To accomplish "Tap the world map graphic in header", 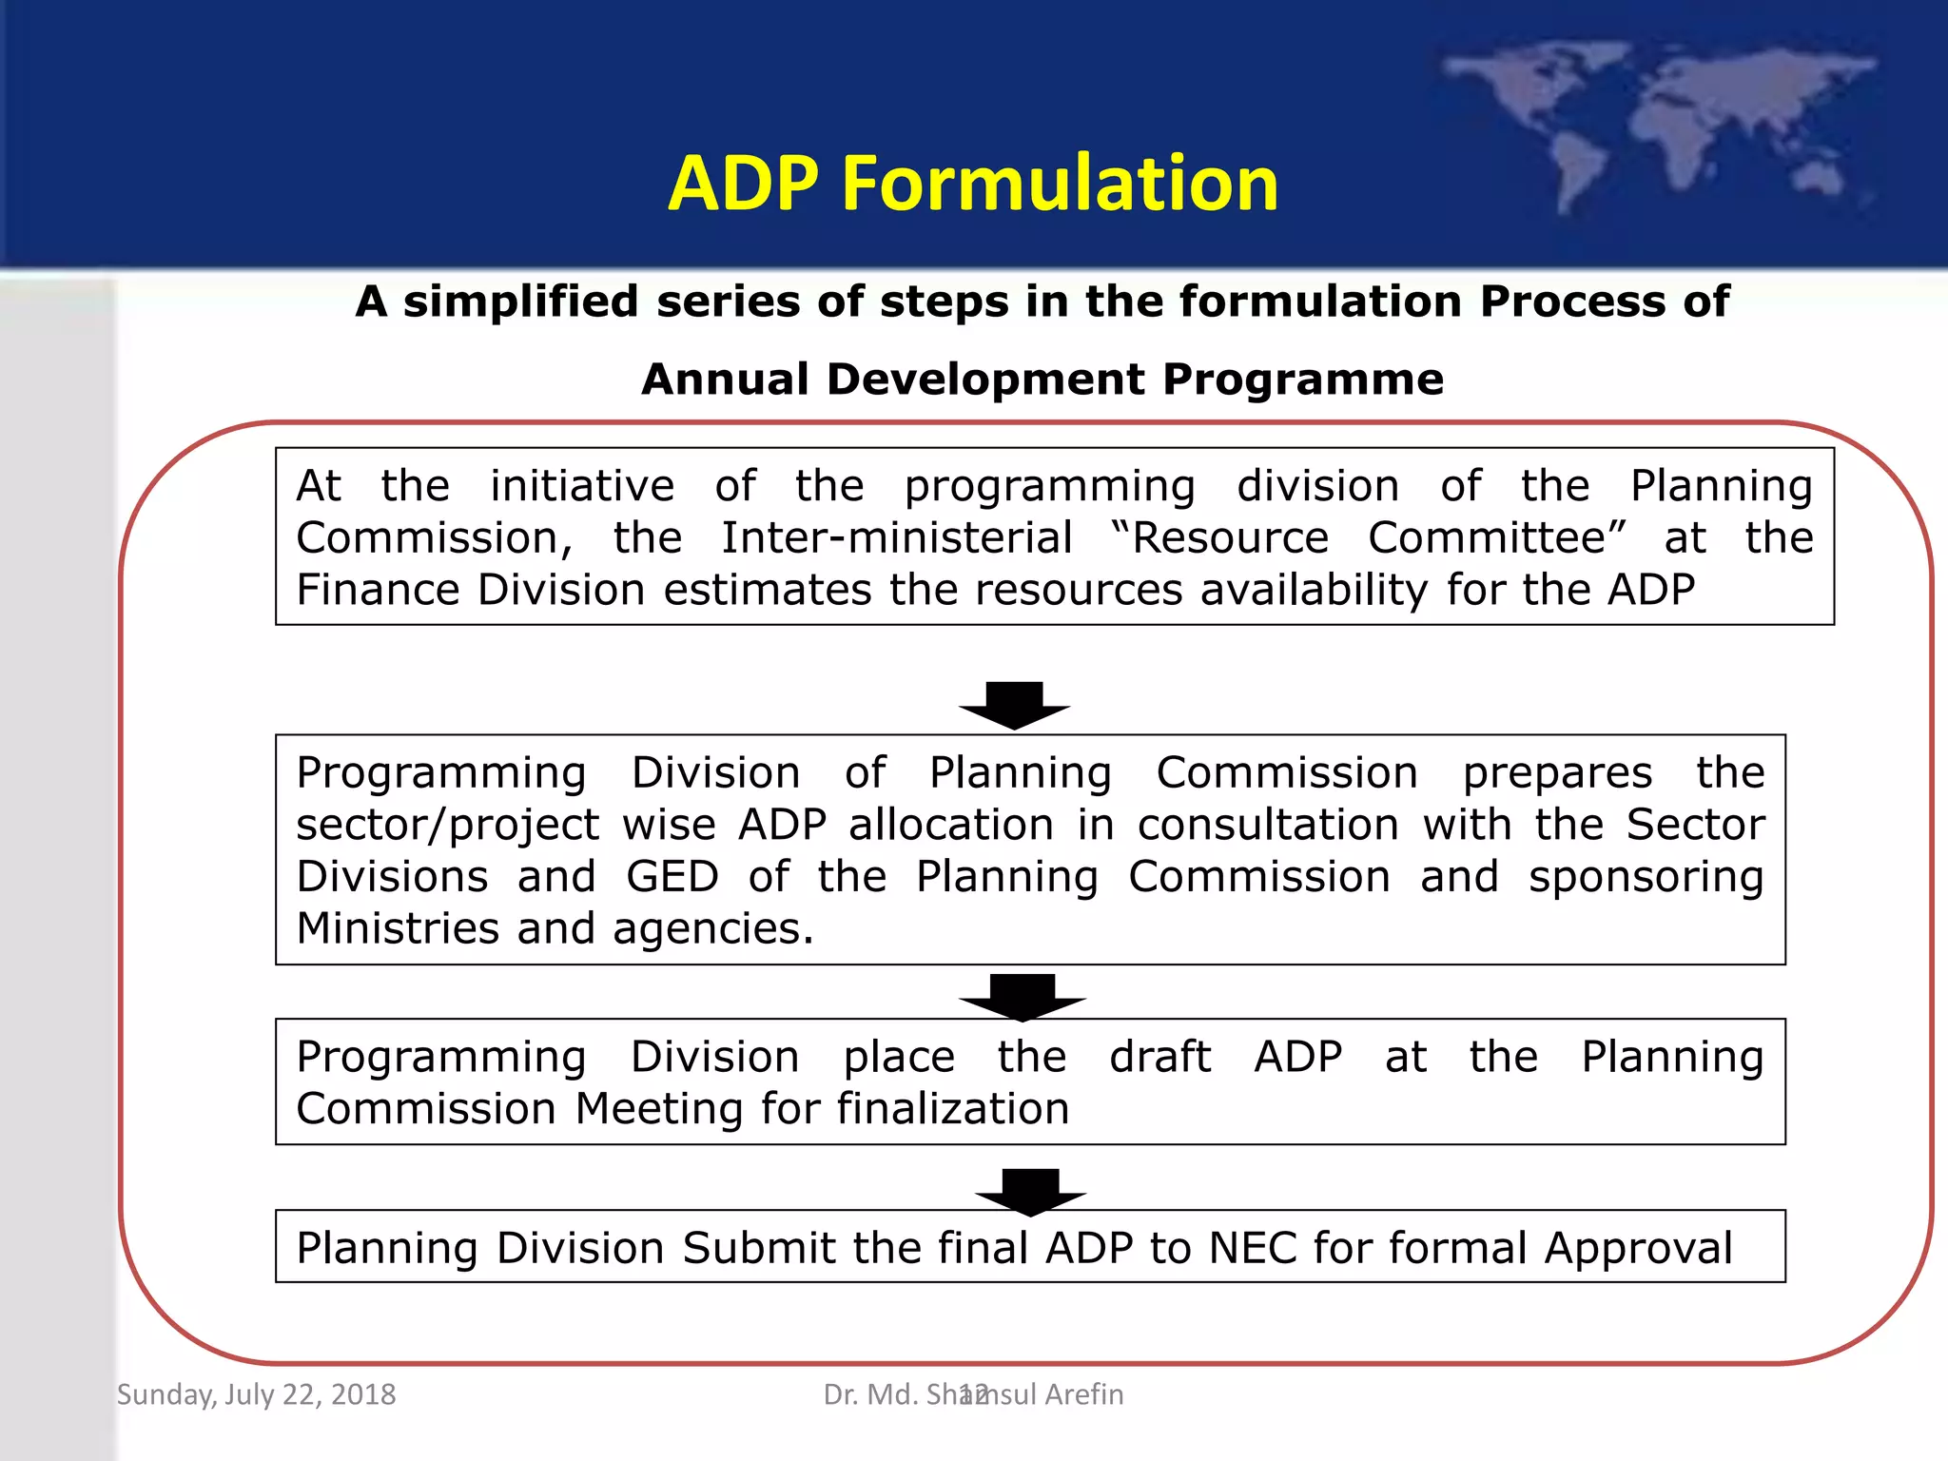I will [x=1655, y=124].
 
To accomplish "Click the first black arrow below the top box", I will [x=1014, y=705].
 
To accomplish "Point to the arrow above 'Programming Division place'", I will [x=1022, y=995].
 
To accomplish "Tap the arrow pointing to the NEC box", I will [x=1030, y=1190].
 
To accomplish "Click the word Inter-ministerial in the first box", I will [x=896, y=538].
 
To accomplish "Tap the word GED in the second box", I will [x=672, y=877].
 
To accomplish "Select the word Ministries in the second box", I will [x=397, y=928].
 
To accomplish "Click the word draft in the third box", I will [x=1159, y=1057].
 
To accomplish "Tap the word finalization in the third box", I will [x=953, y=1109].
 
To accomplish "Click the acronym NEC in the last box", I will [x=1252, y=1248].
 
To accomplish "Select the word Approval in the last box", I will [x=1638, y=1250].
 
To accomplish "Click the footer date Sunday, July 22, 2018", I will [x=256, y=1394].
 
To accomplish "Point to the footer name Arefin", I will [x=1083, y=1394].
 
